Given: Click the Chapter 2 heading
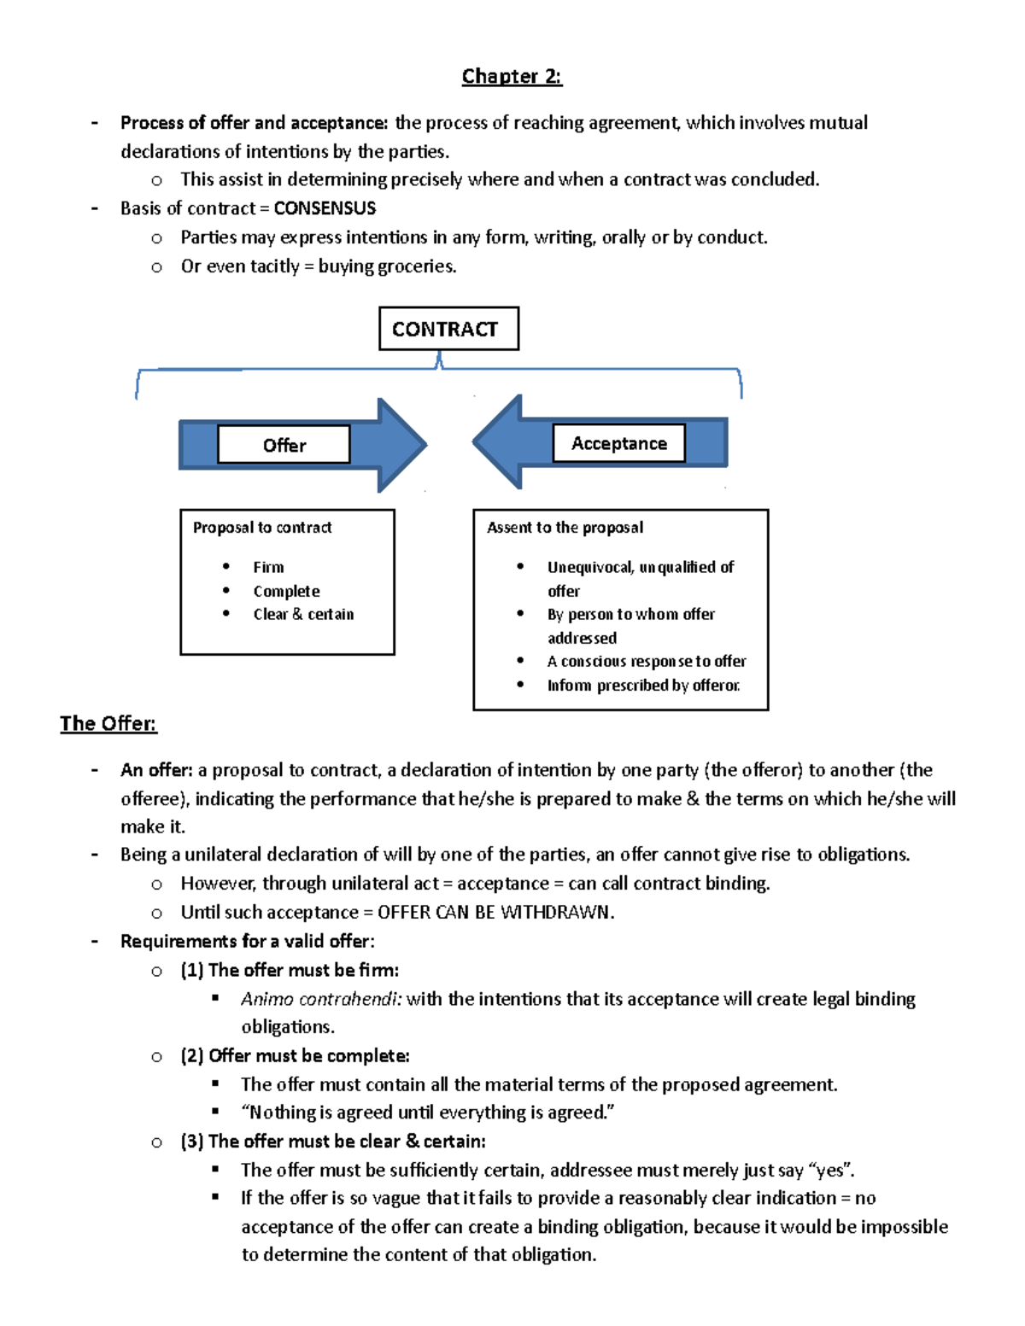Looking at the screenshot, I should click(512, 77).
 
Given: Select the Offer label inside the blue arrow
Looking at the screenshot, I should click(284, 445).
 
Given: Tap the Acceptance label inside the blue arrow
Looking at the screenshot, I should click(618, 443).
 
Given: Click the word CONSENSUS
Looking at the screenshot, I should click(325, 208).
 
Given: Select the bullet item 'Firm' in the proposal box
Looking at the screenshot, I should click(268, 567).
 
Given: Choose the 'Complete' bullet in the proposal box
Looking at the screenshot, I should click(286, 591).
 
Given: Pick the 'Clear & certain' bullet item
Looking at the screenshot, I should click(303, 614).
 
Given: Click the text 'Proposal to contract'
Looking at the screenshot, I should click(262, 528).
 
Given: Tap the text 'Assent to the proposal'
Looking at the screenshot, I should click(565, 528).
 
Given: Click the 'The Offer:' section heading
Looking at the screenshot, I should click(108, 724).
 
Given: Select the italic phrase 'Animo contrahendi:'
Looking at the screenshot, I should click(321, 999).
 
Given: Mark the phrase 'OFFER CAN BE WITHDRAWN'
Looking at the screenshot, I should click(495, 912).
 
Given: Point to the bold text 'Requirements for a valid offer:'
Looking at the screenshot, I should click(247, 941).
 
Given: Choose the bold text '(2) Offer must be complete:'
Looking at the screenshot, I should click(295, 1056).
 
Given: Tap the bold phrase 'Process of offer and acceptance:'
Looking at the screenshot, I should click(254, 123).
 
